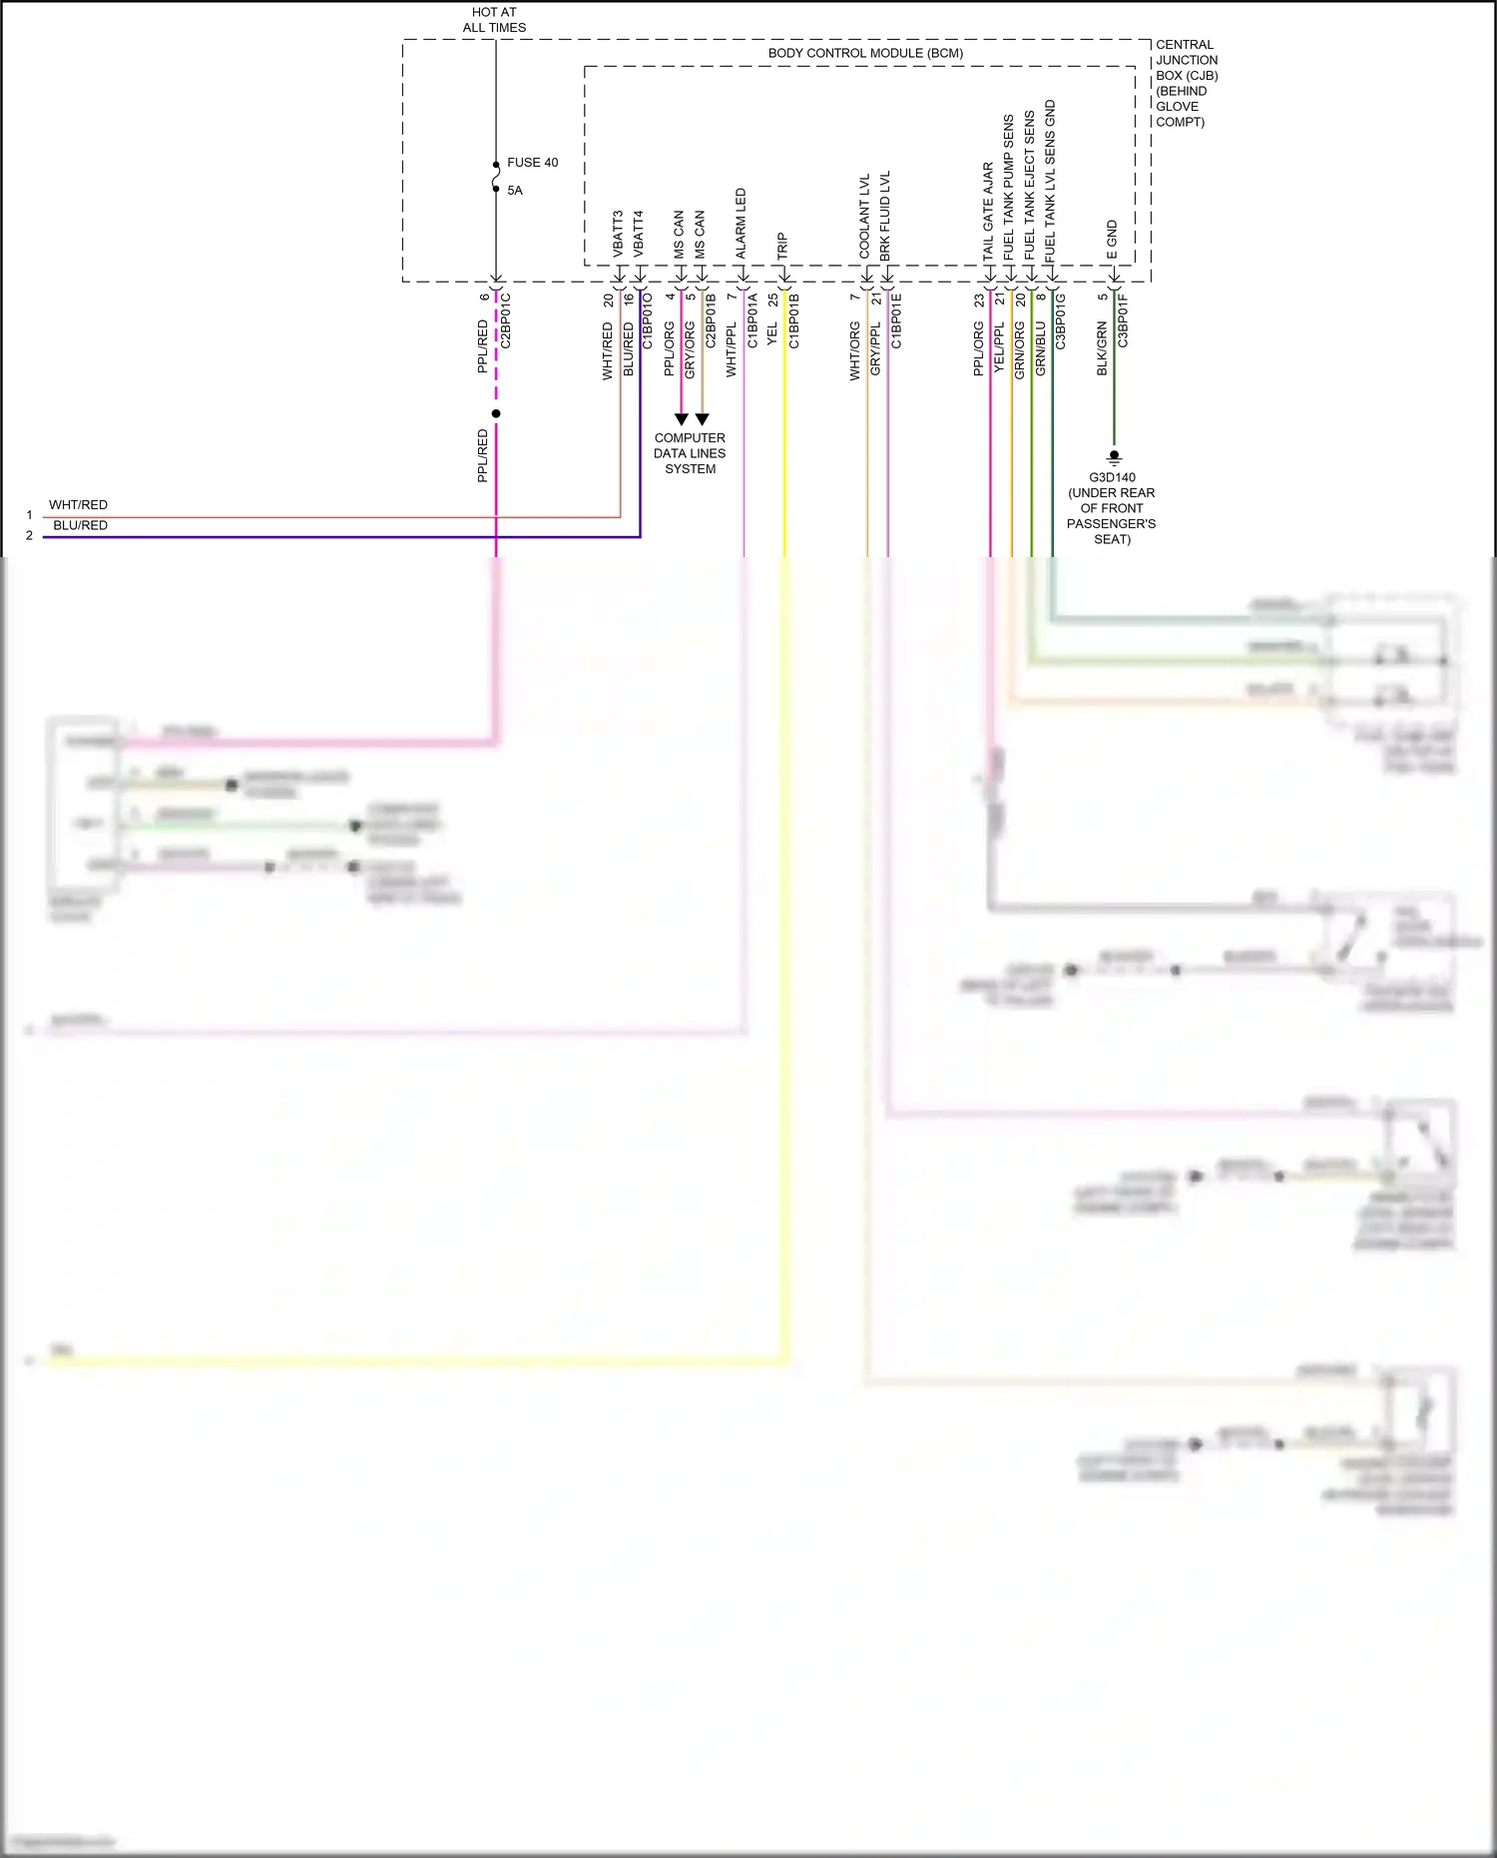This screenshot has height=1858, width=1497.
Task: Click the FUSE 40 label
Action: [x=532, y=163]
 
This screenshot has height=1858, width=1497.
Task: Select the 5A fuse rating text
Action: [x=514, y=191]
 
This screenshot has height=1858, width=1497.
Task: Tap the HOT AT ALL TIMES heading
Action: [x=494, y=20]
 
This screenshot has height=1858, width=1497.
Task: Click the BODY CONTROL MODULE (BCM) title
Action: [x=865, y=53]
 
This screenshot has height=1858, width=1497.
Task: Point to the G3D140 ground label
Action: [x=1112, y=477]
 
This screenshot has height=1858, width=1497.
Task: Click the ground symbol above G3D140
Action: [x=1115, y=458]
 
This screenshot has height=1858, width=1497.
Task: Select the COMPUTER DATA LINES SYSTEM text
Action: [x=690, y=453]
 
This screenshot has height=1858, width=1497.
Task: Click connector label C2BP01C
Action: [x=506, y=320]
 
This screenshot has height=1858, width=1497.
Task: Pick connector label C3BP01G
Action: [x=1061, y=320]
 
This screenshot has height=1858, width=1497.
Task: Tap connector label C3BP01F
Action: [x=1123, y=320]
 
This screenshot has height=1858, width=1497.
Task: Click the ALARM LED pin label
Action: [x=741, y=224]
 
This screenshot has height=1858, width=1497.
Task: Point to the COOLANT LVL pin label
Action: [x=865, y=217]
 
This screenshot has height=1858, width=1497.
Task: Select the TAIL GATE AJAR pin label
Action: [x=988, y=212]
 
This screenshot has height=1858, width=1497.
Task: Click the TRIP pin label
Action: [x=782, y=247]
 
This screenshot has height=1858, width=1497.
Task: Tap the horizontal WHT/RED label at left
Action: [x=78, y=505]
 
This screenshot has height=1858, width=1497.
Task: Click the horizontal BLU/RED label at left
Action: [x=80, y=526]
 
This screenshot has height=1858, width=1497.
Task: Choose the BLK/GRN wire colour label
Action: [x=1102, y=348]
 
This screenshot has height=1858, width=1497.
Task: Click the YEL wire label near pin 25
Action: [x=772, y=334]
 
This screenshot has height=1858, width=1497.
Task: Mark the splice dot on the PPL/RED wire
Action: [x=496, y=413]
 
